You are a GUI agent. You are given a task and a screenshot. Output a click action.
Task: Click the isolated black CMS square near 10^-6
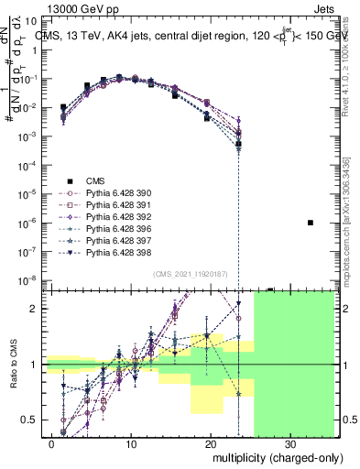[311, 223]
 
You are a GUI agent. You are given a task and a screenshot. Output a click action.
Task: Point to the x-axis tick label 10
[131, 443]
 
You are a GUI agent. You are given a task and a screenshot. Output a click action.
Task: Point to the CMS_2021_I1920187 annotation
[189, 274]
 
